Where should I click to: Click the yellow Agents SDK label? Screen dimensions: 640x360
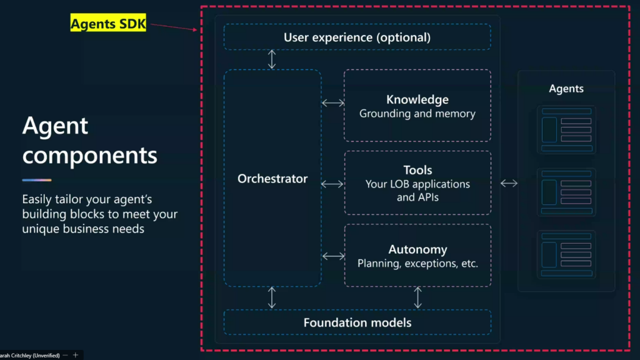(108, 23)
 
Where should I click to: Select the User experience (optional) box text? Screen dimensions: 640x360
(357, 37)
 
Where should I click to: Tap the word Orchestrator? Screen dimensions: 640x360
(272, 178)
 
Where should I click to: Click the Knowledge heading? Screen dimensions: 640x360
(417, 99)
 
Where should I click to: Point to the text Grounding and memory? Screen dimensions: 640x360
(417, 114)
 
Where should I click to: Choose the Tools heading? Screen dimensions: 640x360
(417, 170)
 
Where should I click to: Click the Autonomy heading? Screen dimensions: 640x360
(417, 249)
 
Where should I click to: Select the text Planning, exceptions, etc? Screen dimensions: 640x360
(417, 263)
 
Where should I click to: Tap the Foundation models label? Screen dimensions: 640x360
(357, 322)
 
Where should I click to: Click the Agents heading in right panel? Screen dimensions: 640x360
(566, 89)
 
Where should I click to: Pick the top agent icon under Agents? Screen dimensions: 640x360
(566, 130)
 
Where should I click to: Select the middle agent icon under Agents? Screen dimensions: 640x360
(566, 192)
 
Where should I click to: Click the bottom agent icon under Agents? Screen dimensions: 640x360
(566, 255)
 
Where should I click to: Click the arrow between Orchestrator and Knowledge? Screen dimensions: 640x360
(333, 103)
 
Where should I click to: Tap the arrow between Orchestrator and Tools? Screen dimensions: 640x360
(332, 184)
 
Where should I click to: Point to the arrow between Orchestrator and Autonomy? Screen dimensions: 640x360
(334, 256)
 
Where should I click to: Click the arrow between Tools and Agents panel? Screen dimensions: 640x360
(509, 183)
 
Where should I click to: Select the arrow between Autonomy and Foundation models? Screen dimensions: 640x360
(417, 297)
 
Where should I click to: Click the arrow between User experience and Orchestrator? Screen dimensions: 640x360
(272, 59)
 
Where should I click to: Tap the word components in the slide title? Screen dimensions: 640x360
(90, 156)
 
